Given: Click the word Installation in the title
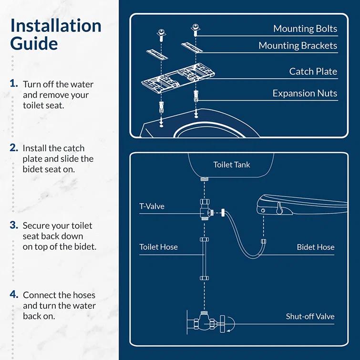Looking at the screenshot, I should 56,26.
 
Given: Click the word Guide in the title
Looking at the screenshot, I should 34,44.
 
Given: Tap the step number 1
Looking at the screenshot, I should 14,83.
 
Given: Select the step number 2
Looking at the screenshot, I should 14,147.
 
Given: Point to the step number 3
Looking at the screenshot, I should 14,225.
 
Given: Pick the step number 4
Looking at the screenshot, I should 14,294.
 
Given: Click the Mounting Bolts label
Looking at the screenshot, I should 305,29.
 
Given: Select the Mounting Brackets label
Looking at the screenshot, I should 298,46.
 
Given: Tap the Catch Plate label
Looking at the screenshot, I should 313,72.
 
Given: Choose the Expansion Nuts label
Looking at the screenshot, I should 305,93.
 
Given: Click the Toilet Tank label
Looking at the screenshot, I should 231,165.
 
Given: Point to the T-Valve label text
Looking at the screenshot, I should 152,206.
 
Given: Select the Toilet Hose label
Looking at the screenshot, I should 158,247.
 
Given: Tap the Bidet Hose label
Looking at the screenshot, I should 316,247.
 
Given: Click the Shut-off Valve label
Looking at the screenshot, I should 310,316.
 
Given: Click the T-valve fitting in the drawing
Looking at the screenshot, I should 205,210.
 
